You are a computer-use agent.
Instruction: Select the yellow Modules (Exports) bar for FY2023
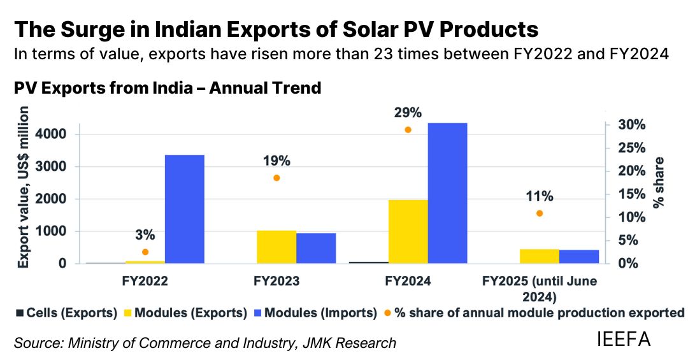point(277,247)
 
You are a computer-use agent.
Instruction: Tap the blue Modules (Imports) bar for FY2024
point(448,193)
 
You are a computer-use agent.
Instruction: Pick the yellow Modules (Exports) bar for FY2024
point(408,231)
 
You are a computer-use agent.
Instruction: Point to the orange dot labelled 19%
point(276,178)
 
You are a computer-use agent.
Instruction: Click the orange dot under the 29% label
point(408,130)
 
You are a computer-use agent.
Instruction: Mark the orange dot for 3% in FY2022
point(145,252)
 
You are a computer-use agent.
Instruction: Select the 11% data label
point(540,196)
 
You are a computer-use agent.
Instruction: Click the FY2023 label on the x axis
point(277,280)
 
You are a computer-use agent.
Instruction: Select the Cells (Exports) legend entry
point(66,313)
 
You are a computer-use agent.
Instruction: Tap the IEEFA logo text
point(624,339)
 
